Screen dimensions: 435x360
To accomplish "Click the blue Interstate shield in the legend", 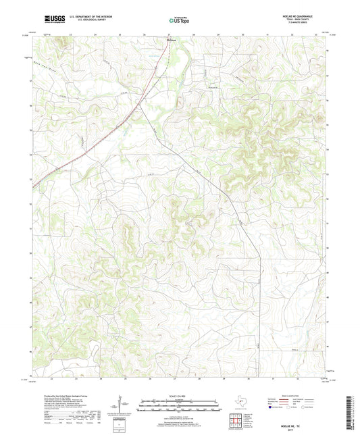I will (273, 407).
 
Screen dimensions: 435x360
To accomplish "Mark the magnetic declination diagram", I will (123, 405).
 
